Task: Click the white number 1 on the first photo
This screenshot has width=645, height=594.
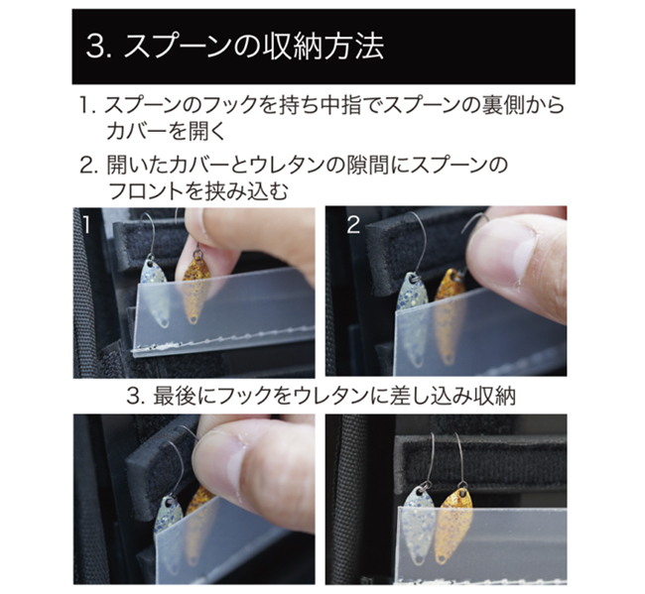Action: [86, 225]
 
